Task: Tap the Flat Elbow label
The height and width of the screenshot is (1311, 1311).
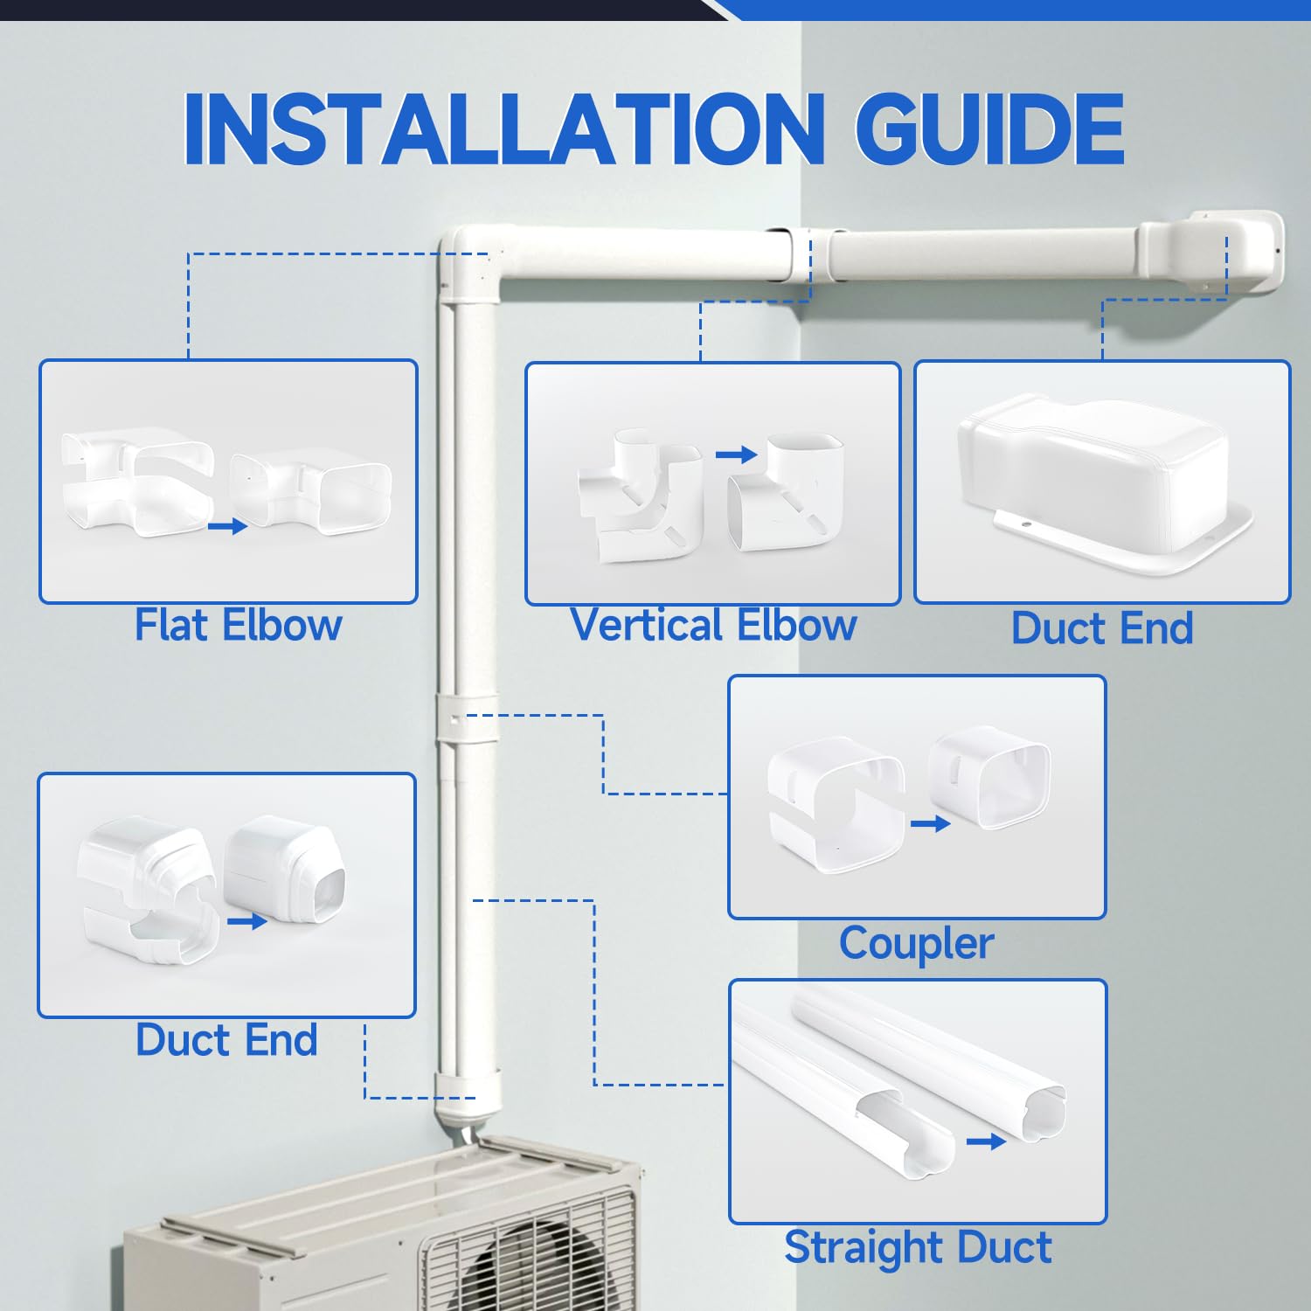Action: (238, 626)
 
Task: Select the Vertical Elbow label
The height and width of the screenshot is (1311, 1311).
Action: (713, 626)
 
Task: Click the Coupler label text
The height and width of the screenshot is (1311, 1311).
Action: (916, 943)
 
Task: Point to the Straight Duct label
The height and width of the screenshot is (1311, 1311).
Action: (918, 1247)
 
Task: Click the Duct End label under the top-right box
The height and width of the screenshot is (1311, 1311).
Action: (1102, 628)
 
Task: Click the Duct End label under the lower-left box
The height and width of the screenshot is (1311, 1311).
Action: (226, 1040)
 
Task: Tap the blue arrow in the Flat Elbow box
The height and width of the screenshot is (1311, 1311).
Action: (227, 526)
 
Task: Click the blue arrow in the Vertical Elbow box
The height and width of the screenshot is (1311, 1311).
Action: (736, 454)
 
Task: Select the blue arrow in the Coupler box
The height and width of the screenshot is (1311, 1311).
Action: (930, 823)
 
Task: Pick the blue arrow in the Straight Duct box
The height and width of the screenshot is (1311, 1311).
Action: (986, 1141)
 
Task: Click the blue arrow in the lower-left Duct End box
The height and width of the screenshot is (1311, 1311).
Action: (246, 921)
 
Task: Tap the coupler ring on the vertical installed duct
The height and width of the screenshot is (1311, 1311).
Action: (466, 718)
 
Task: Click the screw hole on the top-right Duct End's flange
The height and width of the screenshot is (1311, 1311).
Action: (1027, 524)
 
